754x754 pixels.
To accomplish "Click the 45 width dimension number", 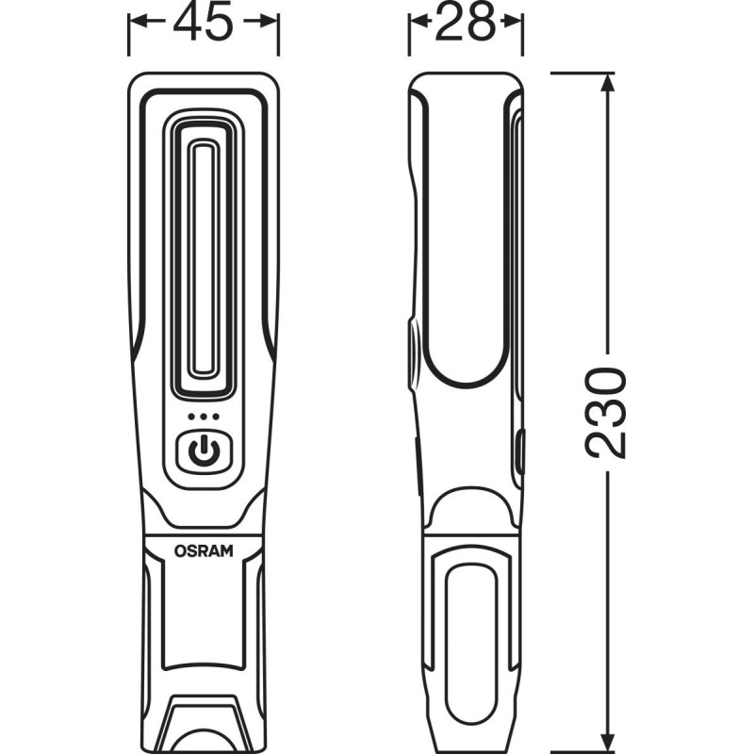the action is (203, 23).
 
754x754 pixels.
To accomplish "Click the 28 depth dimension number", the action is (465, 22).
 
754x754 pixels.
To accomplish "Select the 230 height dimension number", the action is (606, 412).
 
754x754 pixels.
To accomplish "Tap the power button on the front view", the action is (205, 451).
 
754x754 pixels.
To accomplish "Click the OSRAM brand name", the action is (204, 550).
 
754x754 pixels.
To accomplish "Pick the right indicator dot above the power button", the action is (216, 417).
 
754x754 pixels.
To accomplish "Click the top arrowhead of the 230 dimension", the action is (608, 83).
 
